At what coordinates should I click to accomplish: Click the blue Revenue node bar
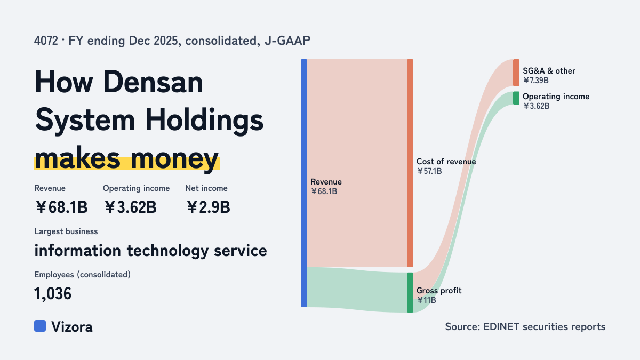point(304,183)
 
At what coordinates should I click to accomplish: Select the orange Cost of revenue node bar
point(410,163)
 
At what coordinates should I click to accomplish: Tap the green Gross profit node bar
point(410,292)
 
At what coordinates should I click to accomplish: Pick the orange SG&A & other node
point(516,73)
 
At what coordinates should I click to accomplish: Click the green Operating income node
point(516,98)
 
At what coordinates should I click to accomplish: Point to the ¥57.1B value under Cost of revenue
point(429,171)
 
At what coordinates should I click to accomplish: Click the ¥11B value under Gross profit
point(426,300)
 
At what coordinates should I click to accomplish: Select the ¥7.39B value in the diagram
point(535,81)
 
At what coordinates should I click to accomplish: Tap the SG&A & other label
point(549,71)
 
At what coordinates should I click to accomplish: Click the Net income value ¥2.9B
point(209,207)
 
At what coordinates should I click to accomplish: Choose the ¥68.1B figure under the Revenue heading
point(61,207)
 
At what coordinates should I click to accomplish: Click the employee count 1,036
point(53,294)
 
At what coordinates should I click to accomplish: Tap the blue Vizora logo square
point(40,326)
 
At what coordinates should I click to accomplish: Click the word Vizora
point(72,327)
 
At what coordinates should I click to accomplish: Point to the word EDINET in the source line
point(501,326)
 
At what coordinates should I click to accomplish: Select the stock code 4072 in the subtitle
point(46,41)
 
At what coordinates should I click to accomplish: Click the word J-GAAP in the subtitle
point(287,41)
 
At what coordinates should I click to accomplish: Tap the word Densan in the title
point(153,82)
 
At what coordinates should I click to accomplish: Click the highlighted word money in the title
point(174,158)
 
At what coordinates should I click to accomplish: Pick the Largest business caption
point(66,231)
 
